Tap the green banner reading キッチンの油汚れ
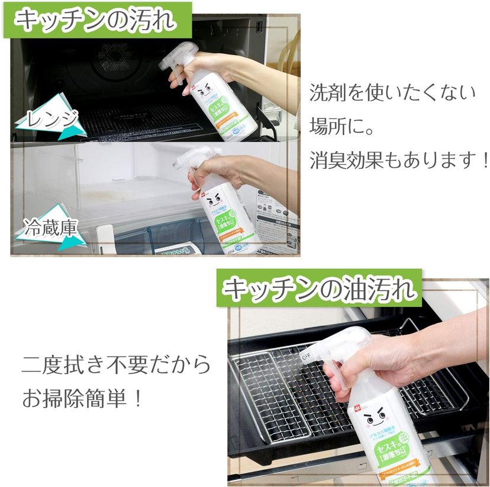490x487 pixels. [x=320, y=289]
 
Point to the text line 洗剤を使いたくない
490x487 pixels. [x=392, y=93]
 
